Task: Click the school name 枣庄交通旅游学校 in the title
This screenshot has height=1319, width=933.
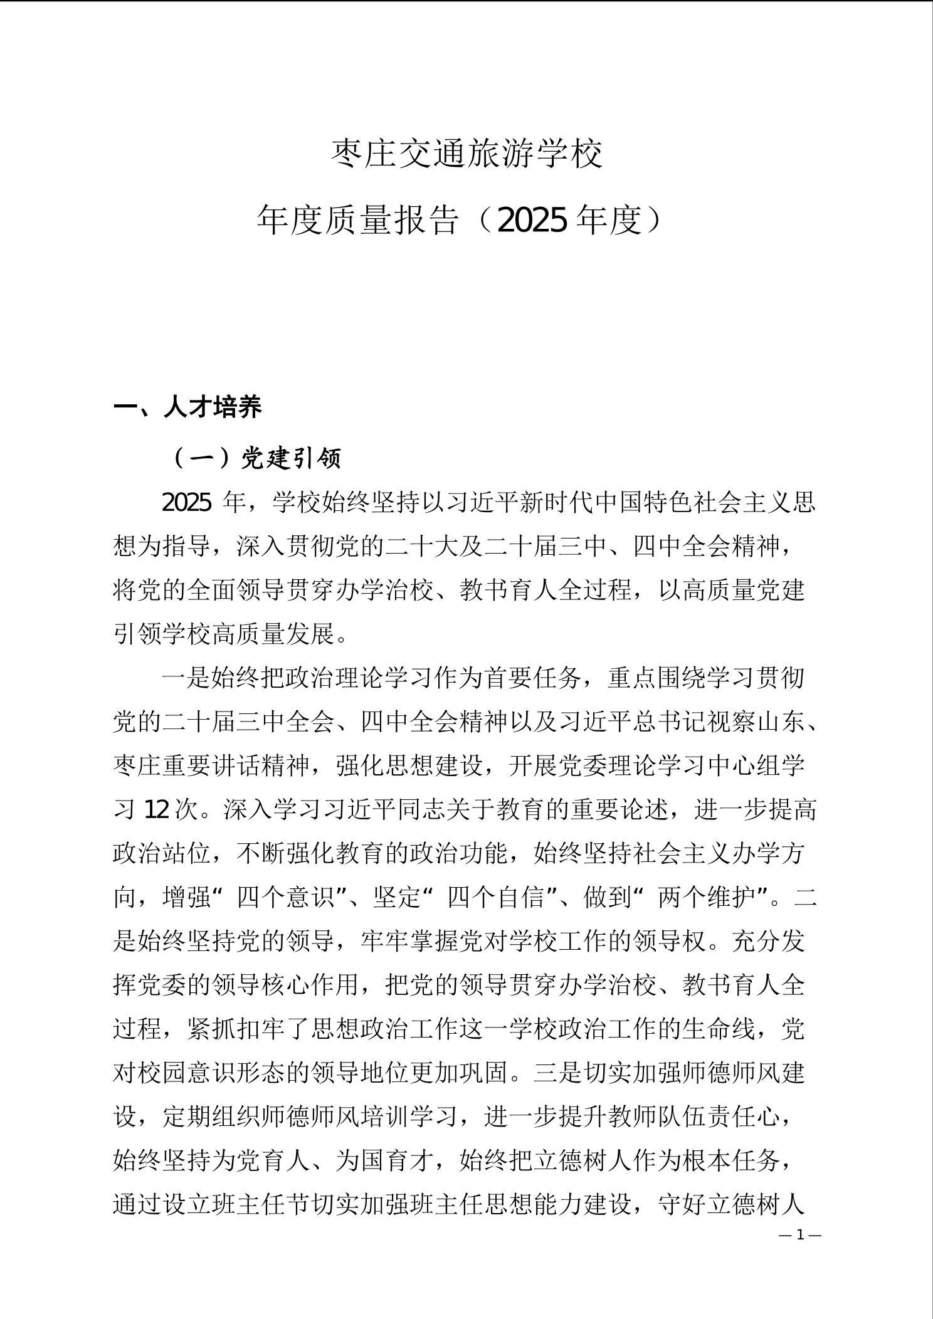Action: (467, 154)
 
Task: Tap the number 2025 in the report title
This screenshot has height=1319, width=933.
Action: (533, 221)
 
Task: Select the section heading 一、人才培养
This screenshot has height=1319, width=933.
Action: (187, 407)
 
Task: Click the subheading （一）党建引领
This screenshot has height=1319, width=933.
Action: (256, 459)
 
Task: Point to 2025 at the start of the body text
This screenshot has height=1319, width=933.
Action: (186, 503)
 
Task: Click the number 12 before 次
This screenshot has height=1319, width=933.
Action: (156, 810)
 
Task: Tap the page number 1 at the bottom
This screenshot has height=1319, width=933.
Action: (800, 1235)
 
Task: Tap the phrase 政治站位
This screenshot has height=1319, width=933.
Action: (162, 854)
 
